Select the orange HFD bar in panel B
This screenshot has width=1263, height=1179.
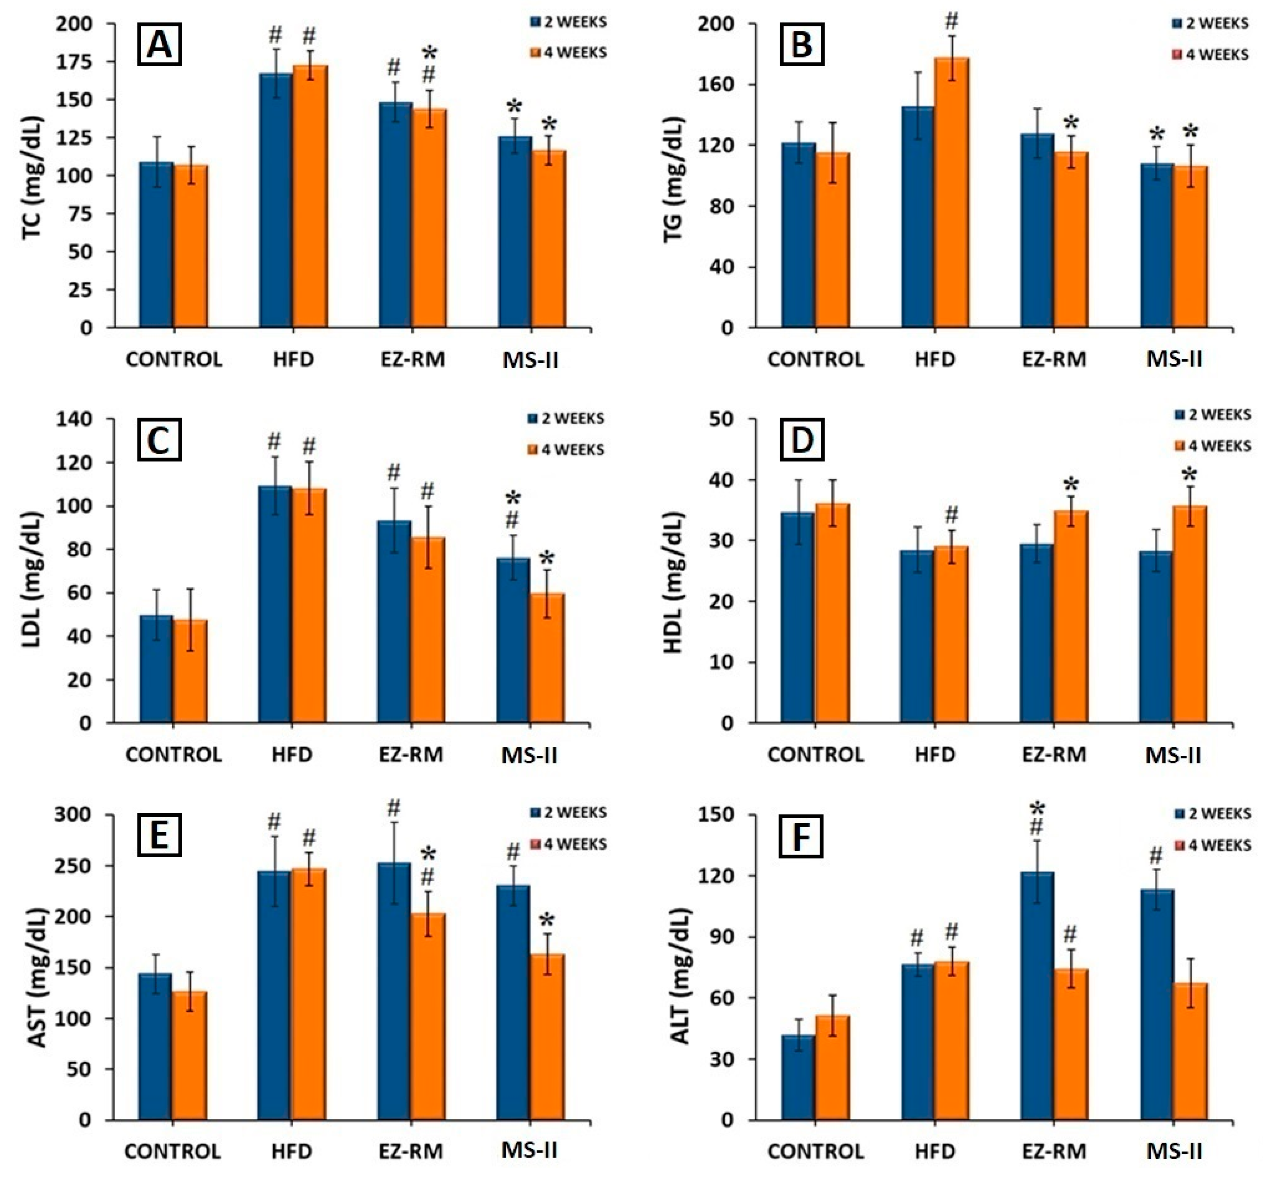coord(951,192)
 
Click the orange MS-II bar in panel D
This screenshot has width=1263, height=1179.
coord(1189,614)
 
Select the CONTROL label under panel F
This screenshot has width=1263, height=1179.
coord(816,1152)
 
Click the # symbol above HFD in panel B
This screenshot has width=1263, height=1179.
coord(951,21)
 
